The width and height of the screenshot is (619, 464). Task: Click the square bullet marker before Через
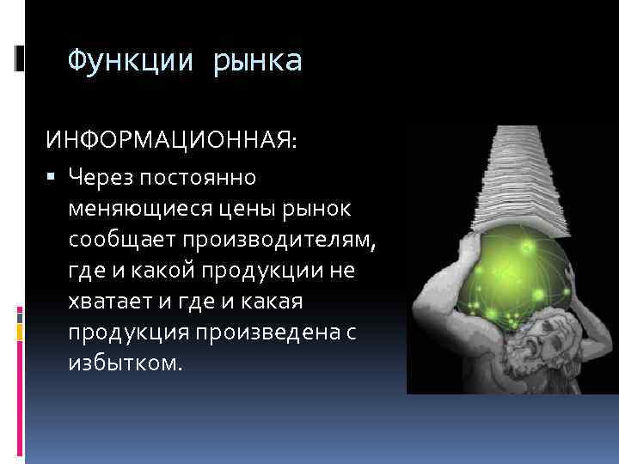54,177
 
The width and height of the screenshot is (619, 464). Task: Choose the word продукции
264,272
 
